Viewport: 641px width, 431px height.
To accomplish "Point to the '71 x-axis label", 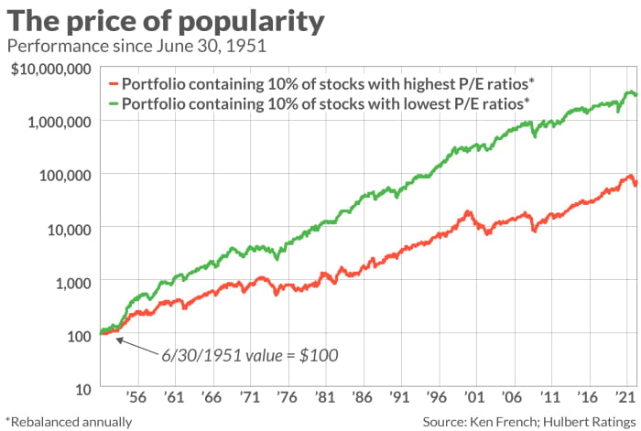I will tap(246, 400).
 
